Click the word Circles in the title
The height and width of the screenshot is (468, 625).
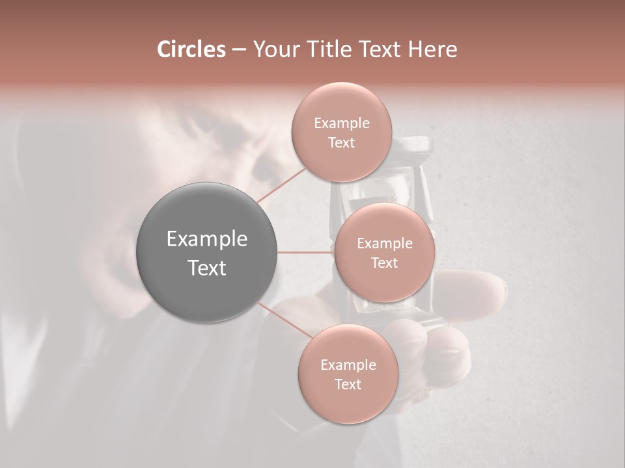tap(191, 49)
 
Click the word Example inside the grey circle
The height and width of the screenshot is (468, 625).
tap(207, 239)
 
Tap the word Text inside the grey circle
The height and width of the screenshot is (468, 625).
tap(207, 268)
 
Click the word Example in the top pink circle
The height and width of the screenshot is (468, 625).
tap(341, 123)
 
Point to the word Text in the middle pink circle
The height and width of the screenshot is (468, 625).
tap(384, 263)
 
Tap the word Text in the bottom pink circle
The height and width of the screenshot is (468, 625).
tap(348, 384)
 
